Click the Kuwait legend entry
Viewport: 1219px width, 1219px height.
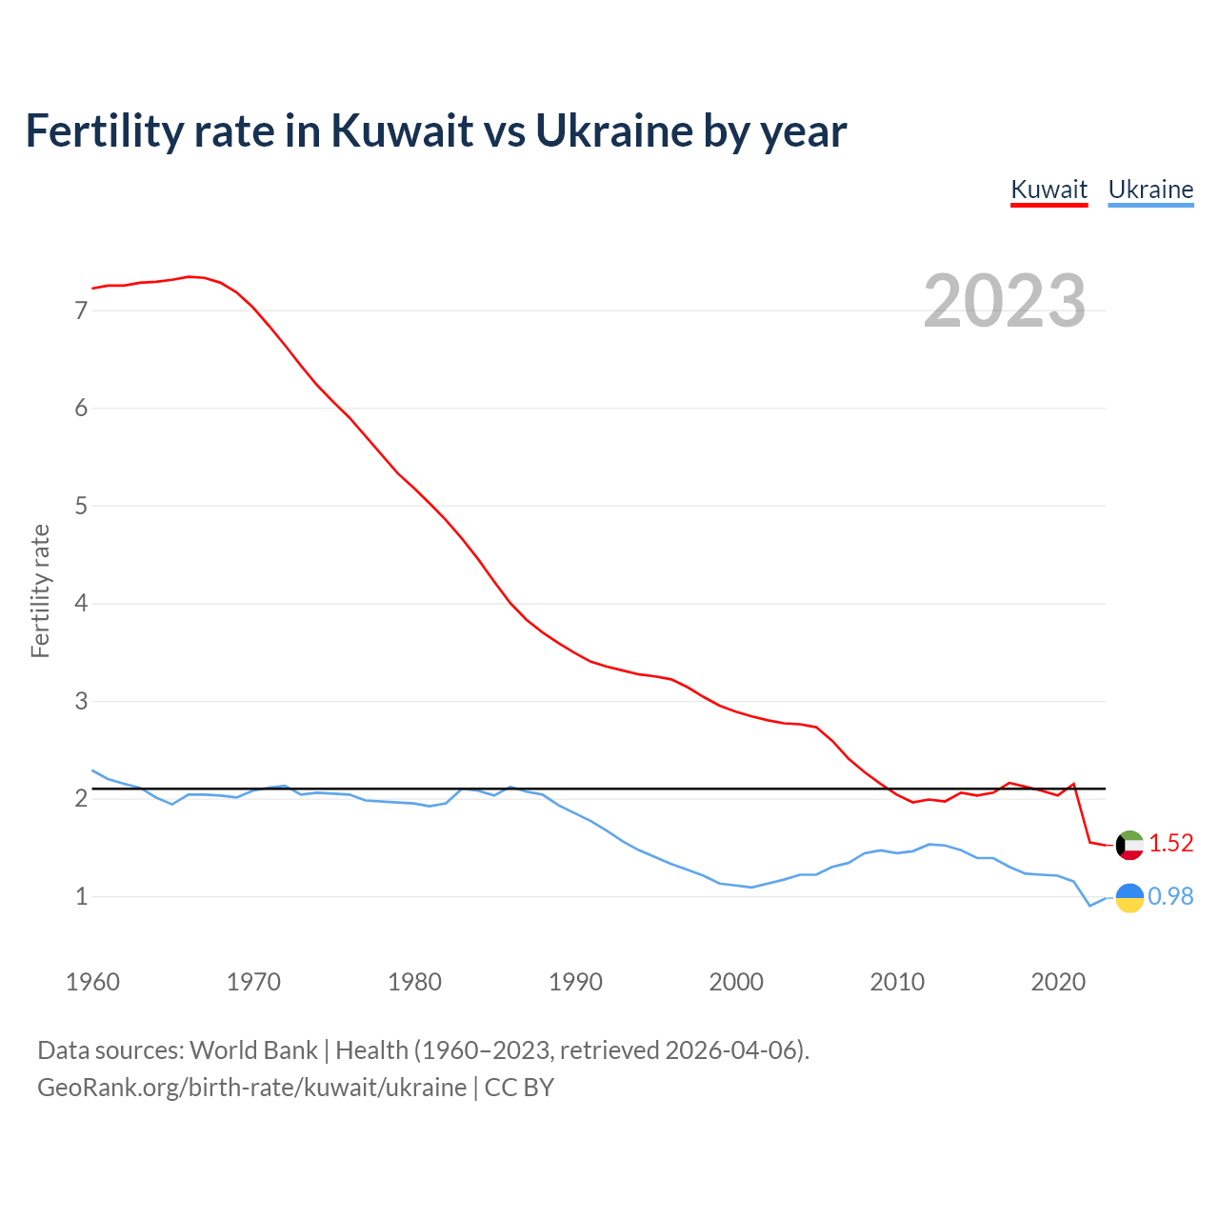pos(1049,190)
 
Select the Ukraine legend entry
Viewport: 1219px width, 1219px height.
pos(1150,190)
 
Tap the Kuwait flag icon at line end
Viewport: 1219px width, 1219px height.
pos(1129,845)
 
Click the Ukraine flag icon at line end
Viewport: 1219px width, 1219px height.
pos(1129,897)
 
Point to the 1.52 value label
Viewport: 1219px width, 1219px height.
pos(1170,844)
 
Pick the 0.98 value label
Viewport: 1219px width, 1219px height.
pos(1170,897)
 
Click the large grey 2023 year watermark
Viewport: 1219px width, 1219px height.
pos(1004,301)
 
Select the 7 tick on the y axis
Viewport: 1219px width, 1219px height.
pos(81,310)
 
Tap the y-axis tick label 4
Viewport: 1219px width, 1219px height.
pos(81,604)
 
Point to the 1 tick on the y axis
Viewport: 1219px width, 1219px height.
pos(81,897)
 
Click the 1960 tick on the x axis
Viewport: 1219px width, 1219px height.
pos(92,982)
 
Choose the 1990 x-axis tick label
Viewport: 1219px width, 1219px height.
pos(575,982)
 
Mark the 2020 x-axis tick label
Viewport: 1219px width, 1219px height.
pos(1058,982)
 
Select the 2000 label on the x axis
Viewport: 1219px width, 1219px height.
pos(736,982)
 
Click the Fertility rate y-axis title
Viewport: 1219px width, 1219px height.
pos(40,590)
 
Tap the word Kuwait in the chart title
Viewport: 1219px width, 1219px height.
pos(401,130)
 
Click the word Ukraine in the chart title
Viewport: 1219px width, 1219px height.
pos(613,130)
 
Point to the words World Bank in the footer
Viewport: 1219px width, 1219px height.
pos(253,1050)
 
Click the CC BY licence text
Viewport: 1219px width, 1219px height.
pos(519,1088)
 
